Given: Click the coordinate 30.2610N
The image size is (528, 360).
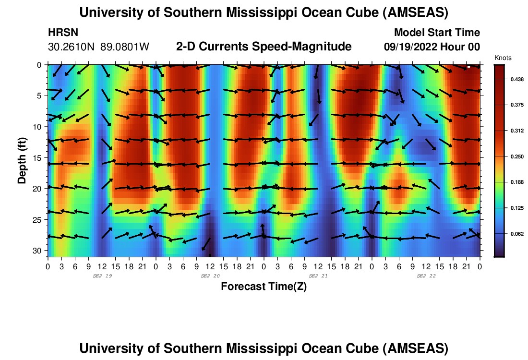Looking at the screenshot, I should click(72, 47).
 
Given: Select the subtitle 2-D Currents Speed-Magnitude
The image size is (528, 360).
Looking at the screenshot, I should click(264, 47).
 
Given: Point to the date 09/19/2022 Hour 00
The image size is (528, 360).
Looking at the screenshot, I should click(432, 47).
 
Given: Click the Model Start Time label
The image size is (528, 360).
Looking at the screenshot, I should click(437, 33).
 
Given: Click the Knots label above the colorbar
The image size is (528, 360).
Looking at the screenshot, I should click(503, 58).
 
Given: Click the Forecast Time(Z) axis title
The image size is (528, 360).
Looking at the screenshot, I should click(264, 287).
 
